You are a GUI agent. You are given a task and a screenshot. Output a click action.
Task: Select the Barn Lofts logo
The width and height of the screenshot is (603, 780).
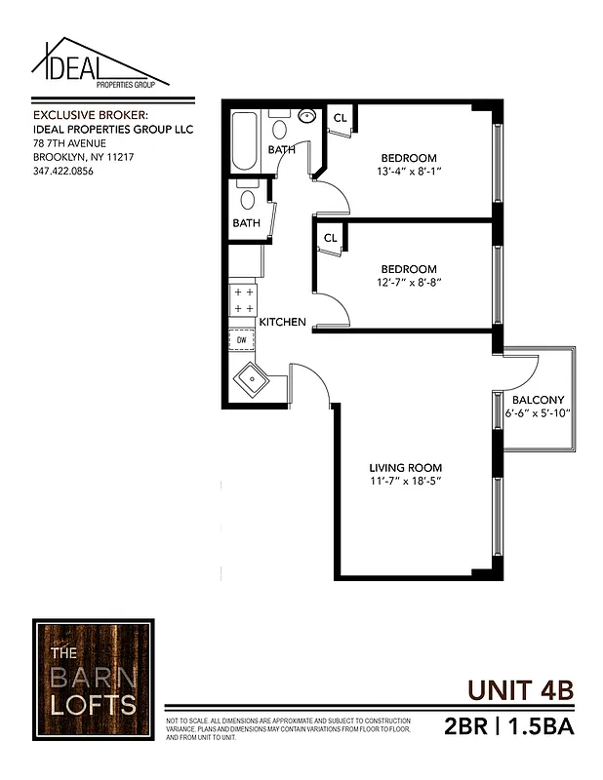pos(93,678)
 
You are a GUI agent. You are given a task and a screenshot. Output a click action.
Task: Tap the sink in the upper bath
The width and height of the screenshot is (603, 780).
pos(306,117)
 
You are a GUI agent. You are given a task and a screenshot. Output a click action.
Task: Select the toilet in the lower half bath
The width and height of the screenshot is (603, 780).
pos(248,201)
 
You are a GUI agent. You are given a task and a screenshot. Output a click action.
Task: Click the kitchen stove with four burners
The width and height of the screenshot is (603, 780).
pos(243,300)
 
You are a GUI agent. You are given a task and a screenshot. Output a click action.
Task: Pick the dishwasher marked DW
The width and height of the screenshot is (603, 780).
pos(242,339)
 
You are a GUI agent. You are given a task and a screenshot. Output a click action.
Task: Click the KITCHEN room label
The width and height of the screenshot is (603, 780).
pos(283,322)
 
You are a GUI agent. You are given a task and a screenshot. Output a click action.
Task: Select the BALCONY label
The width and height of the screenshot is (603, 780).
pos(538,400)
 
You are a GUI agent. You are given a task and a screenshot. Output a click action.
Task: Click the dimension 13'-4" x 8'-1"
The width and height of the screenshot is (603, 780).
pos(408,172)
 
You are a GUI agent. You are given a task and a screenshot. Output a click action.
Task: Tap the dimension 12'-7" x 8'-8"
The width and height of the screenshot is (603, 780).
pos(408,283)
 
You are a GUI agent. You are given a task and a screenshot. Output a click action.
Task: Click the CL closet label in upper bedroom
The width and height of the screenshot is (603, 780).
pos(341,118)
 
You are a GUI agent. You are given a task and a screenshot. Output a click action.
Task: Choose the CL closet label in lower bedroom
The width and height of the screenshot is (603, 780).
pos(330,237)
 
